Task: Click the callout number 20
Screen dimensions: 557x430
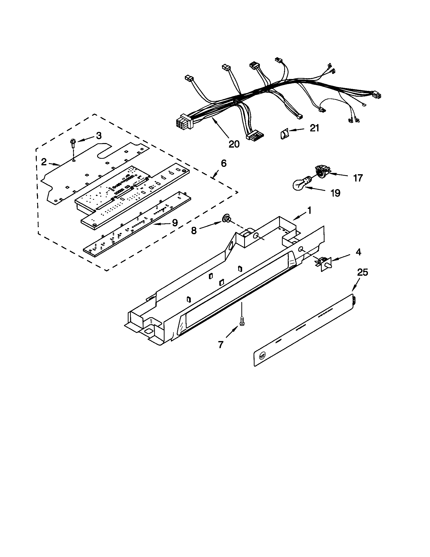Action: click(x=234, y=144)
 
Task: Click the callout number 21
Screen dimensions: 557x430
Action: click(x=314, y=128)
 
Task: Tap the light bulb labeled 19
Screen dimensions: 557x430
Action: click(x=300, y=184)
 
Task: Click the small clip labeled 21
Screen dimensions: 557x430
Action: click(x=284, y=134)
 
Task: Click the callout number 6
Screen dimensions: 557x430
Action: click(x=223, y=163)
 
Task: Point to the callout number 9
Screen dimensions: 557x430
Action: click(x=175, y=223)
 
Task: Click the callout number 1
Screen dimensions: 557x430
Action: click(x=309, y=210)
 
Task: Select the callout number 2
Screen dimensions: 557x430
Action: click(x=44, y=162)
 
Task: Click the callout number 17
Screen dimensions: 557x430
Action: click(x=358, y=178)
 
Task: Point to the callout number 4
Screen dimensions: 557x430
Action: click(x=359, y=252)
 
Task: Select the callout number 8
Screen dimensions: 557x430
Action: click(x=194, y=231)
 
